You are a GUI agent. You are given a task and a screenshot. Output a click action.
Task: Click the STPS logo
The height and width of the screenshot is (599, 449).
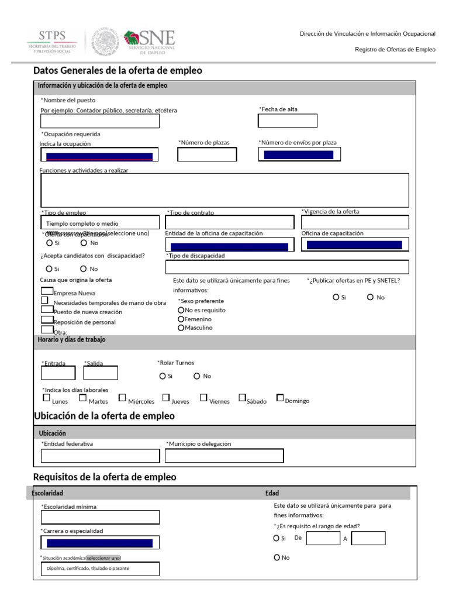52,43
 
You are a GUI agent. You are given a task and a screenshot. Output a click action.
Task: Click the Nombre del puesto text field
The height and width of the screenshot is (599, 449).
99,121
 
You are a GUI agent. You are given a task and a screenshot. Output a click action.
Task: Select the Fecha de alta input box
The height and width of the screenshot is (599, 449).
288,121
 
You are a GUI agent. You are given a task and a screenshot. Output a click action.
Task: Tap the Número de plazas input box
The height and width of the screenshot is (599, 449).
207,154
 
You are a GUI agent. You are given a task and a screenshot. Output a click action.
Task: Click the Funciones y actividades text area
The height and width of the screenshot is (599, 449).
224,190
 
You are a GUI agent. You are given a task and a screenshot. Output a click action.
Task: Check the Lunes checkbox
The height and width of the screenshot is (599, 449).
47,398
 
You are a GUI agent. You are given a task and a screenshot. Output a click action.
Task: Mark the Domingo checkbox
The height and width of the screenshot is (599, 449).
280,398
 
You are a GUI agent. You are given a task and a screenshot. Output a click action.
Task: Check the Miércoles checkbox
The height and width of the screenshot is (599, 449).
122,398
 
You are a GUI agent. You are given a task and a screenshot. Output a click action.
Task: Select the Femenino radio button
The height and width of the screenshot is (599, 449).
181,319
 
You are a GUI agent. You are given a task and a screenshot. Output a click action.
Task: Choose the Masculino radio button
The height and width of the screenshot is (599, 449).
181,328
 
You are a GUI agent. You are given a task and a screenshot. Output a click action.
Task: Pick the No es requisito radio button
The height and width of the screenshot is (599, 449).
181,310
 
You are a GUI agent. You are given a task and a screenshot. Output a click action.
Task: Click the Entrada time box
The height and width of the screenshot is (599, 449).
58,373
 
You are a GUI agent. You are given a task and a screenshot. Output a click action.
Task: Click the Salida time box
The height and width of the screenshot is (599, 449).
101,373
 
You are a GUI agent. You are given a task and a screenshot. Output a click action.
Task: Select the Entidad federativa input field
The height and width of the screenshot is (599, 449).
99,456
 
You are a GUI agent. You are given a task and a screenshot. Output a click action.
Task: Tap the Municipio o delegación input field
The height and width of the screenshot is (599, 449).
224,456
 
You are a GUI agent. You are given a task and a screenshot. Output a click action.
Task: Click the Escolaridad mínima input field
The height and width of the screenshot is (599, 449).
99,517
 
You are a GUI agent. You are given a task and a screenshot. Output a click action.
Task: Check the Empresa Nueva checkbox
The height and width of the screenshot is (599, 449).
47,291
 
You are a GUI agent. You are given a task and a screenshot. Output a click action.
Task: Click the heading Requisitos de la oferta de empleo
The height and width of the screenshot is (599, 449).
105,477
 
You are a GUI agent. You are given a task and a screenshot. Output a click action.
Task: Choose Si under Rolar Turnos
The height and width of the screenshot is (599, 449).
162,376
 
